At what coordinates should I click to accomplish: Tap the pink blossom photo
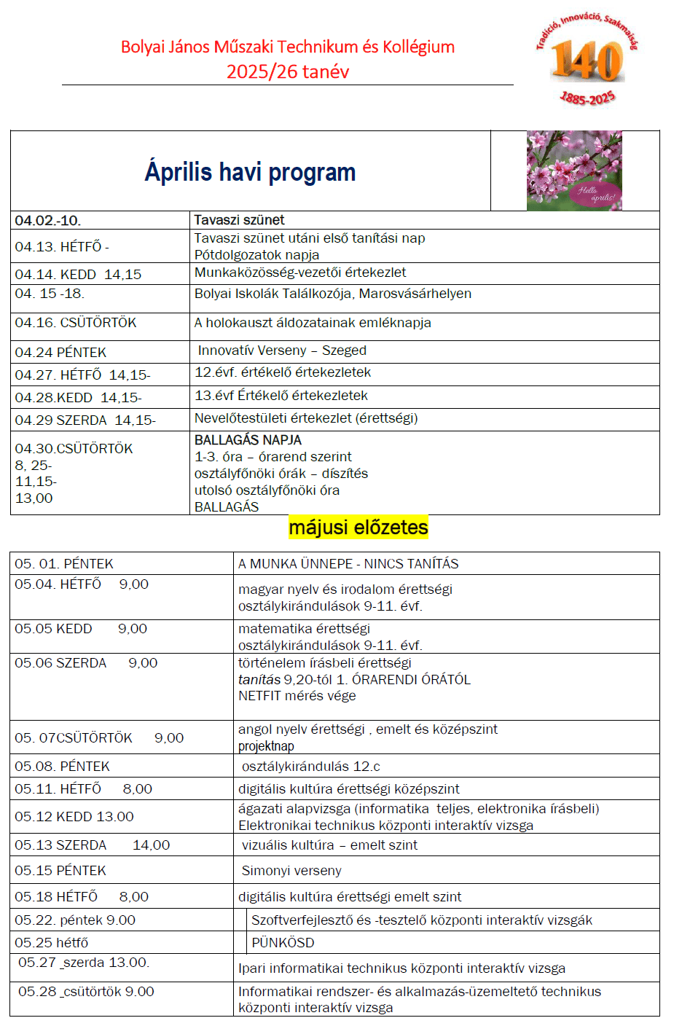coord(574,171)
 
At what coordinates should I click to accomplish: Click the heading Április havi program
coord(250,172)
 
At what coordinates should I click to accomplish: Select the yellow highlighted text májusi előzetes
coord(358,527)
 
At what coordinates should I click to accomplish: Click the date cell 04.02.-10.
coord(48,221)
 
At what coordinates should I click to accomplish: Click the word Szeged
coord(344,351)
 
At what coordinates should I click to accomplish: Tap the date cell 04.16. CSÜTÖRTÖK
coord(76,323)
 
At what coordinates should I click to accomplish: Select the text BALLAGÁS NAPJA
coord(248,440)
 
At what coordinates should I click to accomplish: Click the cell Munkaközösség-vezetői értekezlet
coord(300,273)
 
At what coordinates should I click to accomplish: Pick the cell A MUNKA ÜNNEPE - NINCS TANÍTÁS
coord(348,564)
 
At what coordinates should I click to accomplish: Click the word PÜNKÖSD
coord(283,943)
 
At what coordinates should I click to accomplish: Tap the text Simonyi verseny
coord(291,871)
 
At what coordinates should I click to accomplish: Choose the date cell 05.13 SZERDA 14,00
coord(93,845)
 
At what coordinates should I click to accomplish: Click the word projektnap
coord(266,746)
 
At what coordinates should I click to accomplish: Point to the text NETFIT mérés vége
coord(297,696)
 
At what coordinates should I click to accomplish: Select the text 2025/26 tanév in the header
coord(288,71)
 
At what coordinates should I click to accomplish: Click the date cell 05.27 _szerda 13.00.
coord(84,963)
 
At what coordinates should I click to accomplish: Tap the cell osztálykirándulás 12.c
coord(311,767)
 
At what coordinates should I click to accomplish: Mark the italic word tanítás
coord(259,680)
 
